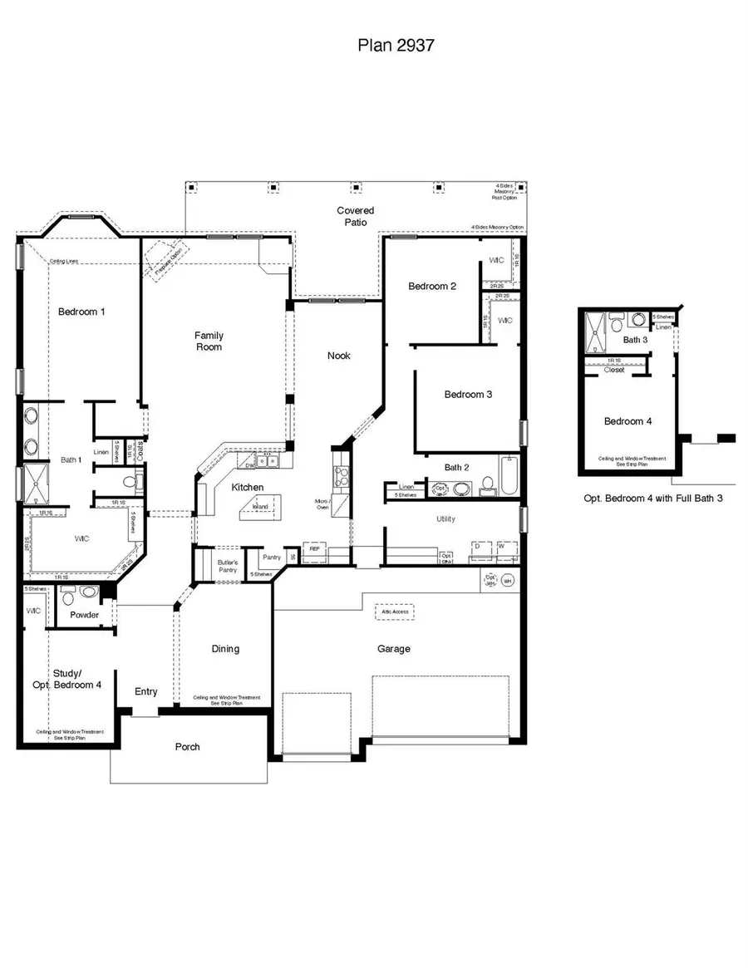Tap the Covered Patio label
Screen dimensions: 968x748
355,216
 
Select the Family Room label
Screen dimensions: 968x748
209,341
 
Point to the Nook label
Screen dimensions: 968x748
338,356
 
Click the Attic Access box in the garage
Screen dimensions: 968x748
394,612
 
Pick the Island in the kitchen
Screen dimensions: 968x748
260,506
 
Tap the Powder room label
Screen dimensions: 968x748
85,616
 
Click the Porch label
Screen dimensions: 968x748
187,747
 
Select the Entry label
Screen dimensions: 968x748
146,691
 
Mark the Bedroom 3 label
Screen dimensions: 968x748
467,395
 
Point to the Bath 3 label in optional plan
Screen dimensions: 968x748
635,340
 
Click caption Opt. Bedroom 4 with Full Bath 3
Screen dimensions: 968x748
652,500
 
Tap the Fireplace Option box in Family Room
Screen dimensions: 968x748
165,261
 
